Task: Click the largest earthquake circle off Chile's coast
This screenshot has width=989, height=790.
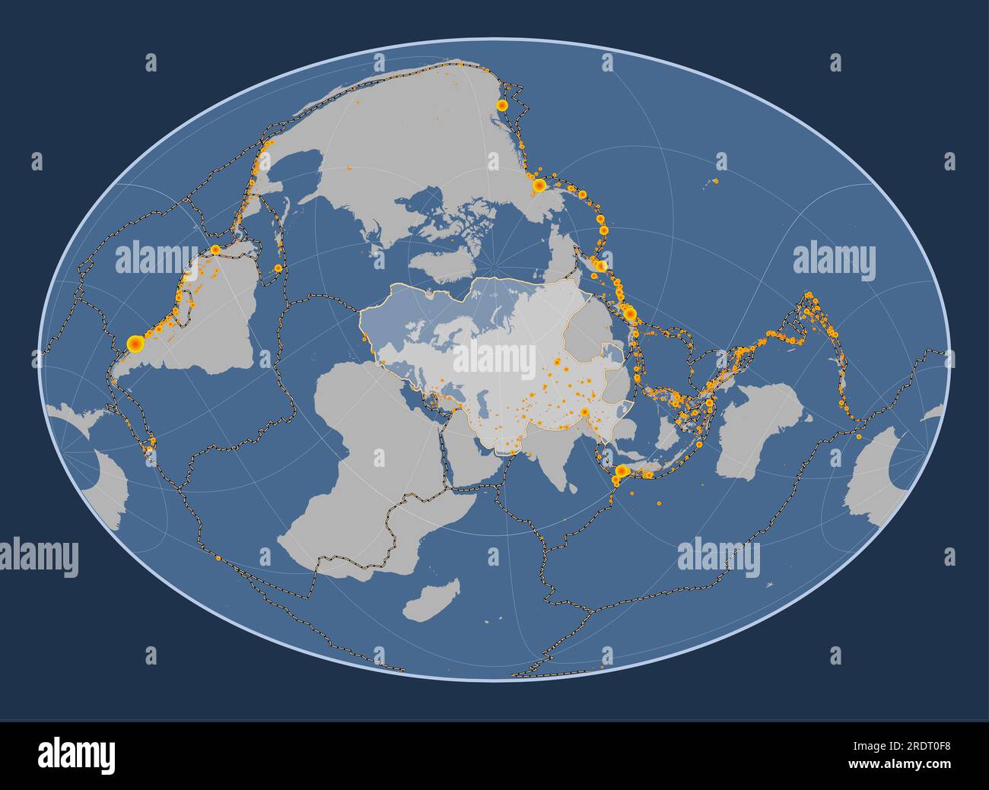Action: (x=135, y=344)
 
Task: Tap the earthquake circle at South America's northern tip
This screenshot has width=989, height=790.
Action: (x=215, y=249)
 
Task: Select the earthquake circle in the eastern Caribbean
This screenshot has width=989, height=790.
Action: (x=278, y=268)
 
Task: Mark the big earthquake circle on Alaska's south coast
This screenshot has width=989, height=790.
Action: (x=539, y=185)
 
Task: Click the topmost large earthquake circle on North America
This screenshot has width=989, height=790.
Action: (x=502, y=105)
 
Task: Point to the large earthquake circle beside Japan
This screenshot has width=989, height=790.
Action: (x=630, y=313)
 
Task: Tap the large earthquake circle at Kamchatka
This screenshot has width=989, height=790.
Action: (x=600, y=265)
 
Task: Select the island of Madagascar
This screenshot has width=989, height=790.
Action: (x=432, y=601)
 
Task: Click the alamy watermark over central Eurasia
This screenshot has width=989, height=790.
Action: (x=494, y=358)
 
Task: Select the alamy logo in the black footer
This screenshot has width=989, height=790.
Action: (x=77, y=755)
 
